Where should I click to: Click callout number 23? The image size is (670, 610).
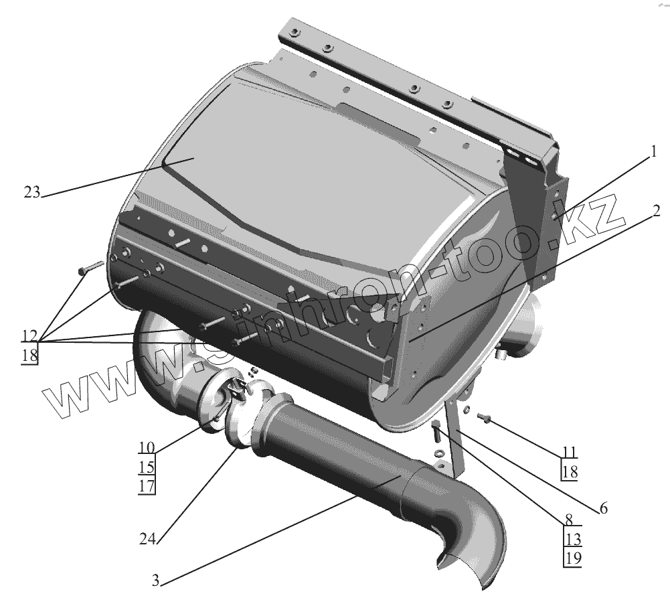click(31, 193)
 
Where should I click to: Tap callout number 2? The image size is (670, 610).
click(656, 212)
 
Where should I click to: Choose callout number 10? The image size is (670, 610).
click(147, 447)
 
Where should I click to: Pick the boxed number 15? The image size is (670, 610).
click(147, 466)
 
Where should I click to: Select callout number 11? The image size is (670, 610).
click(570, 452)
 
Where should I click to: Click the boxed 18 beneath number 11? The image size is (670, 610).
click(570, 471)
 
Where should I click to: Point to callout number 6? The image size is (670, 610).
click(603, 508)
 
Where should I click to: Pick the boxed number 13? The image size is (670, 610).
click(573, 539)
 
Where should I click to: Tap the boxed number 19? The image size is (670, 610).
click(573, 557)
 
